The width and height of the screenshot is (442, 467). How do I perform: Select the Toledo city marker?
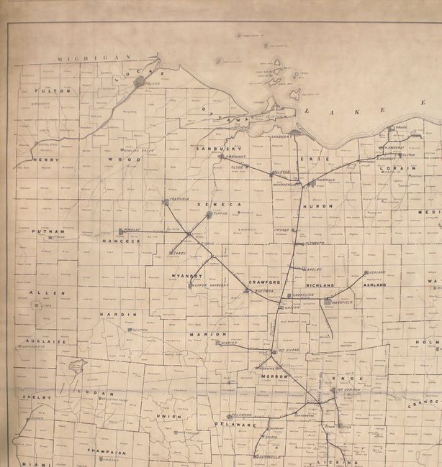click(x=140, y=83)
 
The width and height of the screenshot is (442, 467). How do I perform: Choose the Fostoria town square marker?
click(x=166, y=201)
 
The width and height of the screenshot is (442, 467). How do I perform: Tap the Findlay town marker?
click(x=121, y=231)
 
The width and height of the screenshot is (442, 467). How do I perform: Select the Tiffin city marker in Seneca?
click(x=209, y=214)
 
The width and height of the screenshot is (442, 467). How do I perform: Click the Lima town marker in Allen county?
click(x=36, y=305)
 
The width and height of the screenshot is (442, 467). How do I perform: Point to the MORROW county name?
click(x=275, y=376)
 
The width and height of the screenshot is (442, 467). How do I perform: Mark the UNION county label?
click(x=173, y=416)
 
